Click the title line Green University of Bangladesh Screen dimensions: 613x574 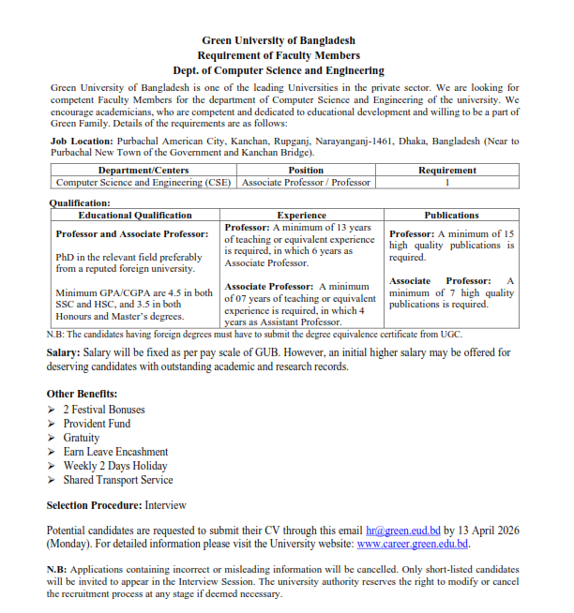pos(279,40)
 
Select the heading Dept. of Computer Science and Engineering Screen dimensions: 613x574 pos(279,70)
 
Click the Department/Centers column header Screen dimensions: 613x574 pos(143,171)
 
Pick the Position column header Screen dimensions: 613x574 pos(306,171)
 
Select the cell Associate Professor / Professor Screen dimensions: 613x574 pos(306,183)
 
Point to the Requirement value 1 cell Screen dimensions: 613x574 pos(446,183)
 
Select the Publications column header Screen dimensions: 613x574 pos(451,216)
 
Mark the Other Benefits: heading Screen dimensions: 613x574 pos(83,394)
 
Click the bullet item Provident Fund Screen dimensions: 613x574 pos(97,424)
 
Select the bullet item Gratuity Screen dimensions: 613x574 pos(82,438)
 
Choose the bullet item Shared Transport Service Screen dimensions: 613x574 pos(118,480)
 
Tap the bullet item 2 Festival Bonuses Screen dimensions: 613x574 pos(104,410)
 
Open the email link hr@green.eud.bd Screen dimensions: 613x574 pos(402,530)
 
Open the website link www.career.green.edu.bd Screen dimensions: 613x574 pos(412,544)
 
